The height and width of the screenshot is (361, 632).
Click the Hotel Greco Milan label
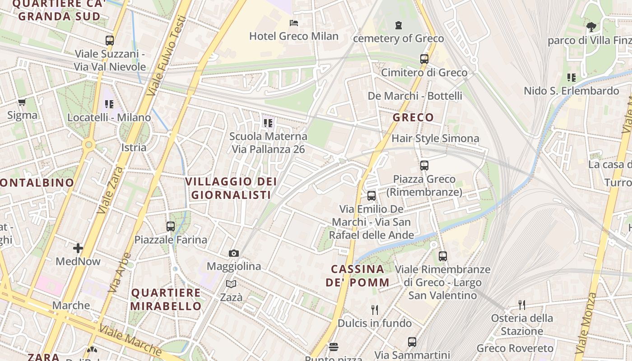click(x=294, y=36)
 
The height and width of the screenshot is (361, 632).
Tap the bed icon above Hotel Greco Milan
click(x=294, y=23)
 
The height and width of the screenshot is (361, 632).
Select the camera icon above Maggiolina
click(x=233, y=253)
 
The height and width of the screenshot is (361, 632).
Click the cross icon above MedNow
click(x=78, y=248)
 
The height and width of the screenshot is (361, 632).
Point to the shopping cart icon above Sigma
click(x=22, y=102)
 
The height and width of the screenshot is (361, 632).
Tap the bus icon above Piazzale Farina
click(x=171, y=227)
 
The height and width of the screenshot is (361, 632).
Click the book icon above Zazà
click(x=231, y=284)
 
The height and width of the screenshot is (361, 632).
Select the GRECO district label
click(x=413, y=118)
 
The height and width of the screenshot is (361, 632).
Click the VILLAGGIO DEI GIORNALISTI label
click(x=232, y=188)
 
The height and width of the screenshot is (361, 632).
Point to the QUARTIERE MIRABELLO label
click(x=166, y=299)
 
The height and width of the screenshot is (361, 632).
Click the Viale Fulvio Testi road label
click(x=167, y=56)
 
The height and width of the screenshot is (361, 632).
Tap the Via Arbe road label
click(x=119, y=273)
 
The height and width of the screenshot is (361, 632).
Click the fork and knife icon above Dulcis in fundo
click(x=374, y=310)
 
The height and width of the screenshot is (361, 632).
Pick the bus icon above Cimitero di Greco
click(x=424, y=59)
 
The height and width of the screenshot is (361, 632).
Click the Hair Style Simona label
click(x=435, y=139)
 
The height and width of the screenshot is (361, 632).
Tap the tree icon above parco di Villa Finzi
click(x=591, y=27)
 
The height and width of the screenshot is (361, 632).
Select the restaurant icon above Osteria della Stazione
click(x=522, y=305)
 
